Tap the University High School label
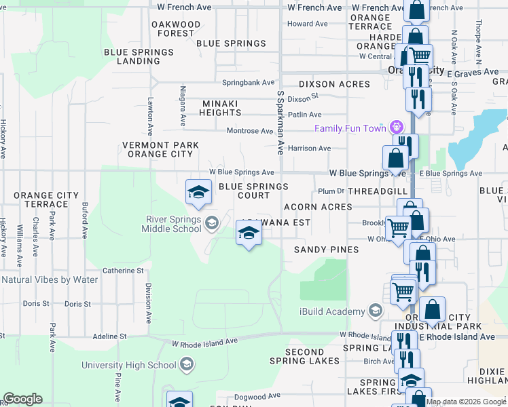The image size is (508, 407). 128,366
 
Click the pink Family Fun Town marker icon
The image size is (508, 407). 397,128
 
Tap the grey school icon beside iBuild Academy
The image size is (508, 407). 374,311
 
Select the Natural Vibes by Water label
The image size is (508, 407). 50,279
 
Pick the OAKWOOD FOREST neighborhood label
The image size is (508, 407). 176,28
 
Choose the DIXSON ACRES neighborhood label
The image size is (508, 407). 335,84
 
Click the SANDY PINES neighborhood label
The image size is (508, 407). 326,250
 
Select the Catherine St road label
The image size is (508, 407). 123,270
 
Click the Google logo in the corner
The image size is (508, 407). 23,399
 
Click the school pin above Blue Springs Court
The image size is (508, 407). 198,191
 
